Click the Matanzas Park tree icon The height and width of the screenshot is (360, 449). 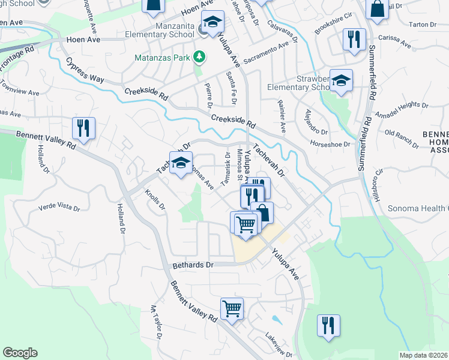tap(199, 58)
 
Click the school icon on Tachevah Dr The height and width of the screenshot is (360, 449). tap(180, 163)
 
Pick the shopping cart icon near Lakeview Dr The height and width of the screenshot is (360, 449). tap(232, 310)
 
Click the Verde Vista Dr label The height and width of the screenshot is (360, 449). tap(59, 208)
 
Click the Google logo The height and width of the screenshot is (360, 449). tap(20, 353)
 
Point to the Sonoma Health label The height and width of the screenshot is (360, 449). tap(420, 209)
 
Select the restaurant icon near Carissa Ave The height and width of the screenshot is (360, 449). tap(354, 40)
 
